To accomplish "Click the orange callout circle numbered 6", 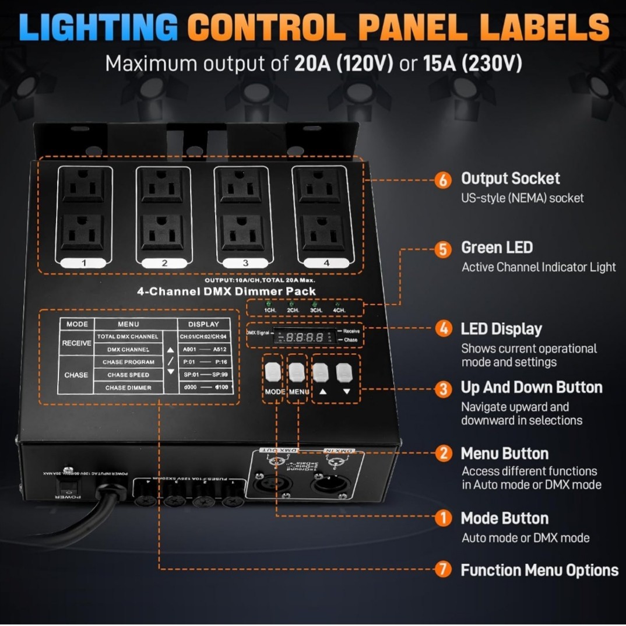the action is (x=443, y=180).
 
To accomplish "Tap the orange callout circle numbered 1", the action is (x=443, y=518).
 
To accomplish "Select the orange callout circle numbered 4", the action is (x=443, y=329).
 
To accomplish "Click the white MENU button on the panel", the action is (x=297, y=371).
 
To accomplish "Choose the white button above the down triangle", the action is (x=345, y=371).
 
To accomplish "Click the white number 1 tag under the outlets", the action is (x=84, y=262).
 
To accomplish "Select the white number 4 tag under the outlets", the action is (x=326, y=262).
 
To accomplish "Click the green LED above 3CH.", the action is (x=314, y=304).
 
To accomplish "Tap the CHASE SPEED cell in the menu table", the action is (x=128, y=375).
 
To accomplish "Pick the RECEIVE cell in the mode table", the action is (x=77, y=343).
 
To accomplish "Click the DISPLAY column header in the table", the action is (x=203, y=324).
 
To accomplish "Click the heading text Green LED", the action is (x=497, y=248).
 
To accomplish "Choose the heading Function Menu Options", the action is (x=539, y=569).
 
